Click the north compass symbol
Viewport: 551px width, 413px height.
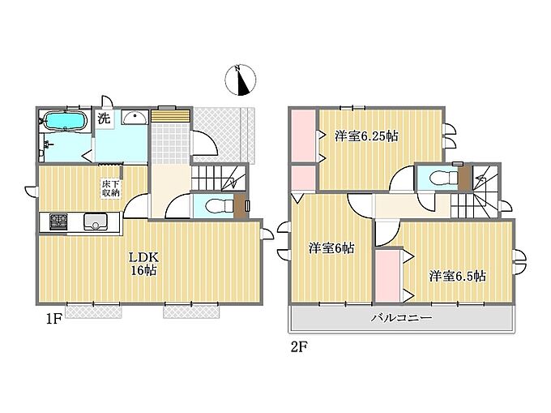pyautogui.click(x=240, y=80)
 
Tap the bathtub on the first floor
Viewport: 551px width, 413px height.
pyautogui.click(x=65, y=121)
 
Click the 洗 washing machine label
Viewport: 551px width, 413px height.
pyautogui.click(x=104, y=118)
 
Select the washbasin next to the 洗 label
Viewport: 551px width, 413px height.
pyautogui.click(x=135, y=117)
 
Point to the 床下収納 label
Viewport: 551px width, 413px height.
pyautogui.click(x=111, y=188)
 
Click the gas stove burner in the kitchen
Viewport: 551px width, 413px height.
pyautogui.click(x=58, y=222)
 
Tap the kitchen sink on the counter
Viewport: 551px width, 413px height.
pyautogui.click(x=96, y=222)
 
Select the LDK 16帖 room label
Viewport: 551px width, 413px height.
pyautogui.click(x=144, y=264)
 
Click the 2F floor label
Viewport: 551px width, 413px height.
pyautogui.click(x=299, y=347)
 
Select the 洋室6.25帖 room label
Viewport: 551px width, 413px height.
pyautogui.click(x=366, y=136)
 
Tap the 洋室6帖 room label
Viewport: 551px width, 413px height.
pyautogui.click(x=331, y=248)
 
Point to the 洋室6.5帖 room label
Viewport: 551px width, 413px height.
pyautogui.click(x=457, y=276)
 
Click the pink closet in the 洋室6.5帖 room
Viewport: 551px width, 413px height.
pyautogui.click(x=387, y=275)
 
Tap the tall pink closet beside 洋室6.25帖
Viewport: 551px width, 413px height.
pyautogui.click(x=303, y=136)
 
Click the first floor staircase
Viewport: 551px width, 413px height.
pyautogui.click(x=218, y=178)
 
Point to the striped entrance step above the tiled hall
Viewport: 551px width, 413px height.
pyautogui.click(x=170, y=116)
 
